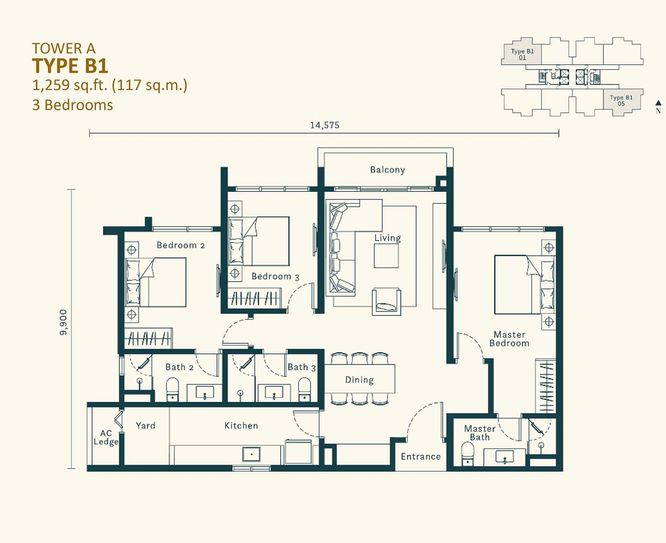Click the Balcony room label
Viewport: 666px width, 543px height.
tap(388, 170)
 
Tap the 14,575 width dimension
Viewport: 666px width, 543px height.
tap(325, 125)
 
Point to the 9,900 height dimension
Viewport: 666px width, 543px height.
tap(63, 322)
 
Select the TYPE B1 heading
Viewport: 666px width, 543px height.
tap(70, 66)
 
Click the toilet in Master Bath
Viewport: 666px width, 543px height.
tap(468, 454)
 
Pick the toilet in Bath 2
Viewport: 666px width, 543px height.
tap(172, 389)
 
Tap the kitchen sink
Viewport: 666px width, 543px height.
tap(251, 455)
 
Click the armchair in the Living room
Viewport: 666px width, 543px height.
tap(387, 301)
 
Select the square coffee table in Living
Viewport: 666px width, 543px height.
tap(386, 256)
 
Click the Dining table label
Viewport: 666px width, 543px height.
tap(359, 379)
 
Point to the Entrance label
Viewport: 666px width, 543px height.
tap(421, 456)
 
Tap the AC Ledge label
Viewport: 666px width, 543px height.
tap(106, 437)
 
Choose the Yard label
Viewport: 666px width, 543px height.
tap(146, 426)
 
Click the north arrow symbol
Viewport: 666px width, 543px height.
tap(658, 103)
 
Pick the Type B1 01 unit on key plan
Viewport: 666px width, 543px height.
tap(522, 54)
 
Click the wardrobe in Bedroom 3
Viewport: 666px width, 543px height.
tap(254, 298)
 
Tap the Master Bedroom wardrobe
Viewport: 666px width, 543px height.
tap(545, 386)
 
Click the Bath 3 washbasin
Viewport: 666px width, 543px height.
tap(274, 392)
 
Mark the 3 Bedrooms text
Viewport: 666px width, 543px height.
tap(72, 105)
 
